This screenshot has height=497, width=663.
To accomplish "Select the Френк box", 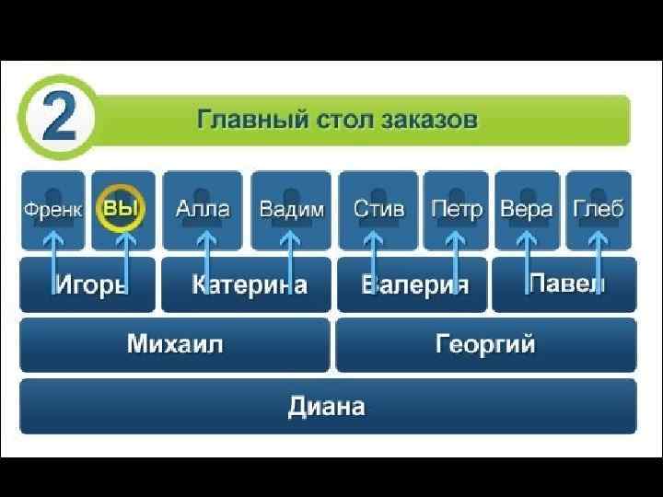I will (52, 210).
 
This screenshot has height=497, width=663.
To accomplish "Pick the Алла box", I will (203, 210).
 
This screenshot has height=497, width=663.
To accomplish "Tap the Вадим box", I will (292, 210).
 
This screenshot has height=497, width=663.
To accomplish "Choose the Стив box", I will (378, 210).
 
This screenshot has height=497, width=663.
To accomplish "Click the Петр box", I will (457, 210).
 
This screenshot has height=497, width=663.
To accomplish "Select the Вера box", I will (527, 210).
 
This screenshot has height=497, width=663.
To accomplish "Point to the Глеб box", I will (599, 210).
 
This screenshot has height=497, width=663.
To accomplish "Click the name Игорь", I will (89, 284).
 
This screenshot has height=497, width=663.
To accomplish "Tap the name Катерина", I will (249, 284).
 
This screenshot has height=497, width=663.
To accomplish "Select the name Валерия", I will (415, 284).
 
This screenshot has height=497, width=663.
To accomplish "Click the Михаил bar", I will (175, 345).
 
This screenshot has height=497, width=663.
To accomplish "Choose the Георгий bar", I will (485, 345).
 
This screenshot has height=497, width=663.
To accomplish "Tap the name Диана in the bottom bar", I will (327, 406).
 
